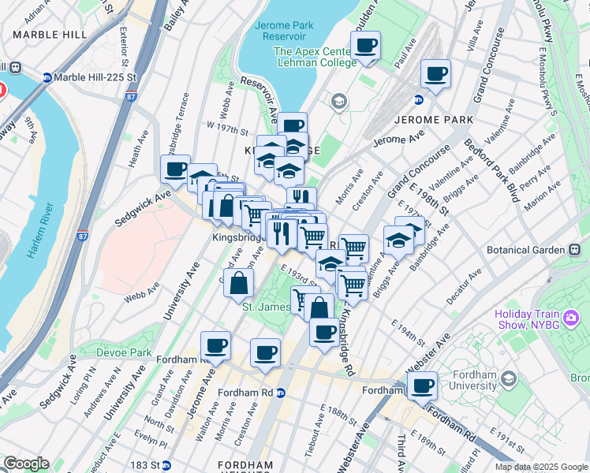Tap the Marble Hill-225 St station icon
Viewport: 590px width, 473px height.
[x=47, y=77]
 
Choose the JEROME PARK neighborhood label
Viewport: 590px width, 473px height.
[x=433, y=120]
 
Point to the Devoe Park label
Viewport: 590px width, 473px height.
[x=124, y=352]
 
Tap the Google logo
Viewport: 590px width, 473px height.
[x=25, y=464]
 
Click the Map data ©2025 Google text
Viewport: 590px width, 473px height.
[x=541, y=467]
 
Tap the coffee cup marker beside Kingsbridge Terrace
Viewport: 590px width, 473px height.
[x=175, y=168]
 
